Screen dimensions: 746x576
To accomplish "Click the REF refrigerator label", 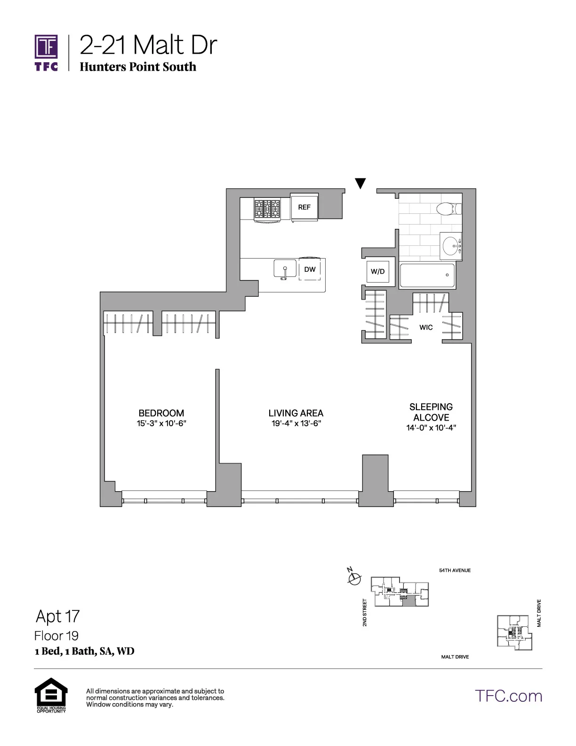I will tap(304, 207).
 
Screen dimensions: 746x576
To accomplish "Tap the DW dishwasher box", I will tap(310, 269).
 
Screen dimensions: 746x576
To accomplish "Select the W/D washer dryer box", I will tap(377, 272).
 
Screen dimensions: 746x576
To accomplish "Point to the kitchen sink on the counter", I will tap(285, 269).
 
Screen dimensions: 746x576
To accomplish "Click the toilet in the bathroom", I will tap(447, 208).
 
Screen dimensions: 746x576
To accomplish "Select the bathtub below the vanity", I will tap(427, 276).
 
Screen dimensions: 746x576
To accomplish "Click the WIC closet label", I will tap(426, 327).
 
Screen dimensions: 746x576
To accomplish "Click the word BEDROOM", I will tap(161, 413).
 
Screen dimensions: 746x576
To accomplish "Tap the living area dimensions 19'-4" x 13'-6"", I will tap(296, 423).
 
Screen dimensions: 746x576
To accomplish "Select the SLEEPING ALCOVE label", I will tap(431, 412).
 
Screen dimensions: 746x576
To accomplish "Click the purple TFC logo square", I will tap(46, 47).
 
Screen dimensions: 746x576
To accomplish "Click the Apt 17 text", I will tap(57, 616).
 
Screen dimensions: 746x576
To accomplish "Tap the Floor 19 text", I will tap(56, 636).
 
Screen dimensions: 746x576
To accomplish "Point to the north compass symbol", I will tap(354, 577).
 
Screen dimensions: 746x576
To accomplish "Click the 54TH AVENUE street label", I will tap(455, 570).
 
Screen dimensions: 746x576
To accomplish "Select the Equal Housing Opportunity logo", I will tap(51, 694).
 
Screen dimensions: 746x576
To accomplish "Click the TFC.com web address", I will tap(508, 696).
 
